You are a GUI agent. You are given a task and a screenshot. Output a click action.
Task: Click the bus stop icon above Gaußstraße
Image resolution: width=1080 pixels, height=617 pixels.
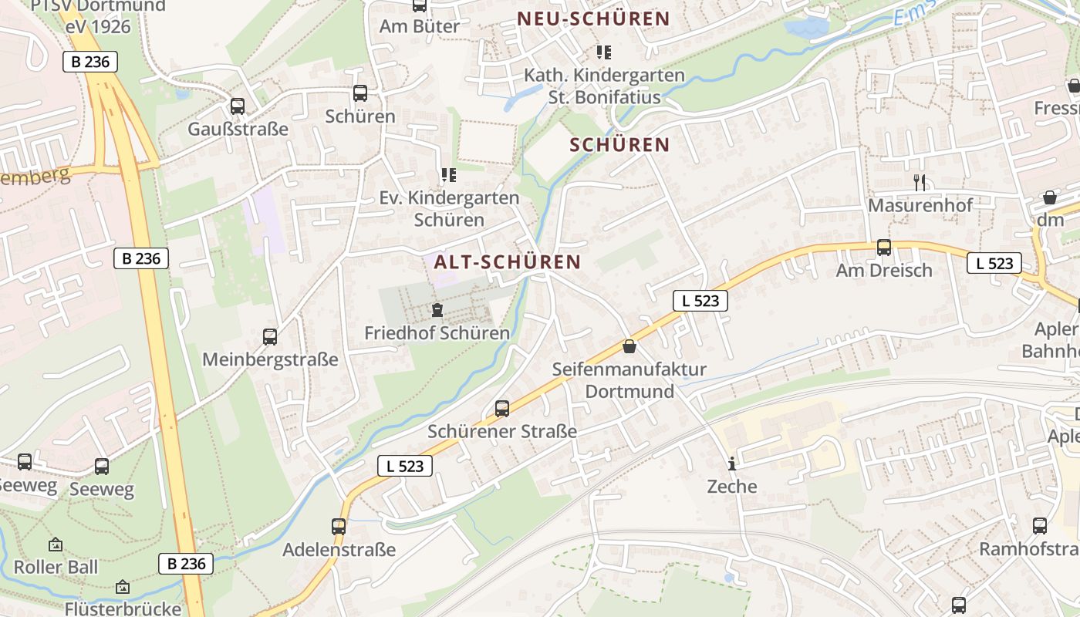(x=238, y=106)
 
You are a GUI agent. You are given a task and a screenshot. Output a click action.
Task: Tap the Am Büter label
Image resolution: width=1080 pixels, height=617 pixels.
(x=419, y=26)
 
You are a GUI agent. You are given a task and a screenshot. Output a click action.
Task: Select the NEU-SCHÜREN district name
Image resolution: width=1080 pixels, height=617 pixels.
(x=593, y=19)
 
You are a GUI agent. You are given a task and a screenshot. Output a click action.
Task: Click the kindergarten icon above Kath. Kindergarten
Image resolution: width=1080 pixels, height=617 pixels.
(x=604, y=52)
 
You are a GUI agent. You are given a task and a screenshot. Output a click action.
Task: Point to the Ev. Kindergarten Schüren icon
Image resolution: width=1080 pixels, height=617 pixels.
(x=449, y=175)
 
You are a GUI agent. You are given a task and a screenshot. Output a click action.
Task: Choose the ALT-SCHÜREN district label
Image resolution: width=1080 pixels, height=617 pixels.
(x=507, y=262)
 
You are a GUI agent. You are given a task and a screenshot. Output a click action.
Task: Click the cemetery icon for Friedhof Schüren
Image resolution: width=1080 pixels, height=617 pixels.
(x=437, y=311)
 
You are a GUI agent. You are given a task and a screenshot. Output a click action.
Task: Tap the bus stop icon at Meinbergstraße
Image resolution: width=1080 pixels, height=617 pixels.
(x=270, y=337)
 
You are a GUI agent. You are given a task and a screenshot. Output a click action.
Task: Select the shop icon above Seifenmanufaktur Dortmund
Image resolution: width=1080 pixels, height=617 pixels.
(x=629, y=346)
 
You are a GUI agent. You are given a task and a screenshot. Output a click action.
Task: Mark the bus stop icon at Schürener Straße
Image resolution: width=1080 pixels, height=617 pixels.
(x=502, y=409)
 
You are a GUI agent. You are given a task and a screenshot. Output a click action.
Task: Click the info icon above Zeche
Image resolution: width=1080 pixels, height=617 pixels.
(x=732, y=464)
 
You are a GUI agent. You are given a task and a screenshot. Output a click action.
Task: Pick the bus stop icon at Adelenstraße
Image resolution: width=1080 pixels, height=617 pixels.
(x=339, y=527)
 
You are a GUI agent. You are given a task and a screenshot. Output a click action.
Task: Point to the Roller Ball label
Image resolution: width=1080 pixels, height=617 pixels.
(x=56, y=567)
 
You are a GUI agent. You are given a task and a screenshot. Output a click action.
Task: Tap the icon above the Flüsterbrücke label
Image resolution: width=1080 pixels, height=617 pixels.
(x=122, y=588)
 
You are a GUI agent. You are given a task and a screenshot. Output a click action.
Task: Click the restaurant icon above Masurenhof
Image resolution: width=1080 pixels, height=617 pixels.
(x=920, y=183)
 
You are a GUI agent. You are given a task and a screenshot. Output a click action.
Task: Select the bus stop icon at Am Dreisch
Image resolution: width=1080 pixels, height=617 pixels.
(x=884, y=248)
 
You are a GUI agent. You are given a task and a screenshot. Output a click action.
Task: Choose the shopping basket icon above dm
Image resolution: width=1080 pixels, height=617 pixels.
(x=1049, y=198)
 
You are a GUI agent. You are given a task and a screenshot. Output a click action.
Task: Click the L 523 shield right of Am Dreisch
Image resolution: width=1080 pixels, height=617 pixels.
(x=994, y=263)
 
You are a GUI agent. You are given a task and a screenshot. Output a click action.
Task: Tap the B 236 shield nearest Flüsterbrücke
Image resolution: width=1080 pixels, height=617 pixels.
(x=187, y=564)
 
